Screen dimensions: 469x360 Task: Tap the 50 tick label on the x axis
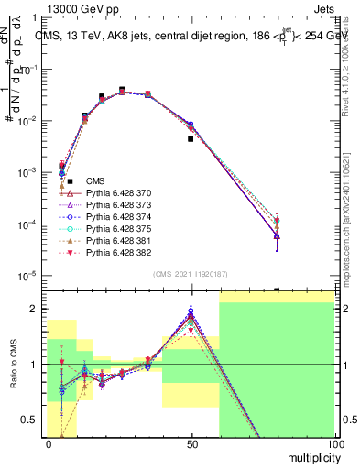(x=191, y=443)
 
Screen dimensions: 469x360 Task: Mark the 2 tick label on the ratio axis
(x=38, y=309)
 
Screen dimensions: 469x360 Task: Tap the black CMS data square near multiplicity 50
(x=191, y=139)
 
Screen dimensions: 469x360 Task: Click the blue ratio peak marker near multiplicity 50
(x=191, y=311)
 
